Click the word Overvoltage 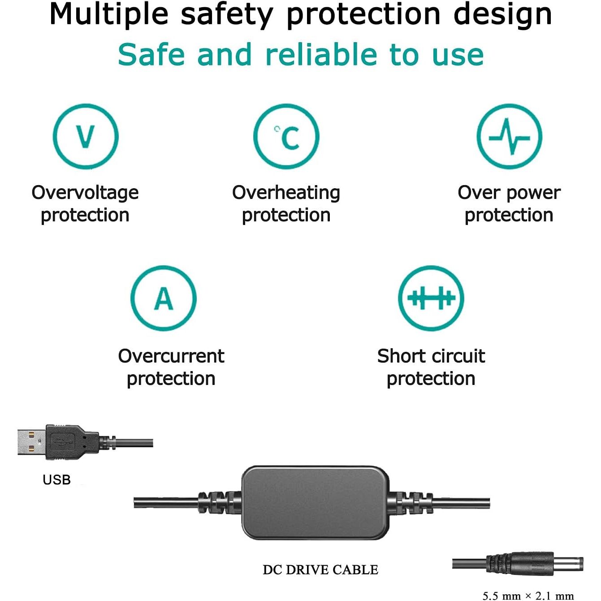point(85,193)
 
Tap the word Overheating point(286,193)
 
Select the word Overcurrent point(171,356)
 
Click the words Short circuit point(431,356)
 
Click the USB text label point(56,480)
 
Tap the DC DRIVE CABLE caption point(320,570)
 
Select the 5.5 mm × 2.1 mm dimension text point(528,596)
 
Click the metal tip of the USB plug point(32,442)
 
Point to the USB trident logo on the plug point(63,441)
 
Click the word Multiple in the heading point(109,15)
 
